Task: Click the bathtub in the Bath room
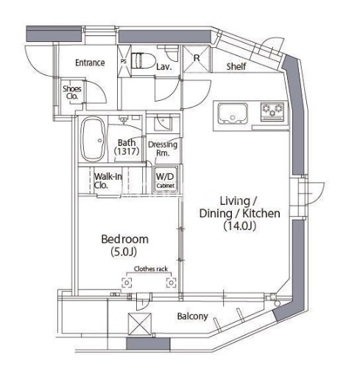click(93, 139)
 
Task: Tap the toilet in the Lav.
click(143, 60)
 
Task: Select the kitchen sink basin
click(233, 114)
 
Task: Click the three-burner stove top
click(272, 112)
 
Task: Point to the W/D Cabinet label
click(165, 181)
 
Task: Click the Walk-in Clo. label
click(107, 181)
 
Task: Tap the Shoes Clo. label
click(72, 92)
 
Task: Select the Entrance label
click(90, 63)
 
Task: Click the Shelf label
click(236, 66)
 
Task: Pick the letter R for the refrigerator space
click(197, 58)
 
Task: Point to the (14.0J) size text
click(240, 226)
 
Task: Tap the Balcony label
click(192, 316)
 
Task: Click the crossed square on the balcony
click(140, 324)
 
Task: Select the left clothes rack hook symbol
click(127, 283)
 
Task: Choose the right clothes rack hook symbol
click(172, 283)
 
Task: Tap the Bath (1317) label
click(127, 147)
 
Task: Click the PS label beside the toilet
click(124, 61)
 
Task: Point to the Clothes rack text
click(151, 269)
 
